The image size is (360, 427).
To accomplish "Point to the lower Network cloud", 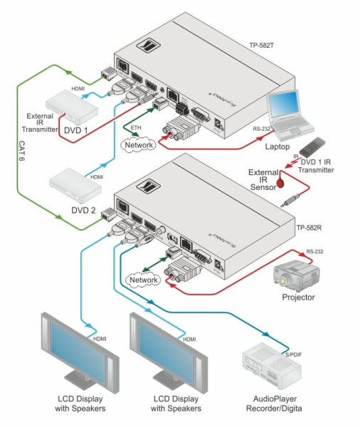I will [143, 280].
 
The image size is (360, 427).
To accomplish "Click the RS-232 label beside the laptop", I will [263, 130].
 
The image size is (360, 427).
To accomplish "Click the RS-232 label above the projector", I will [314, 251].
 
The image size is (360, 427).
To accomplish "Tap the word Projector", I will [298, 297].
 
